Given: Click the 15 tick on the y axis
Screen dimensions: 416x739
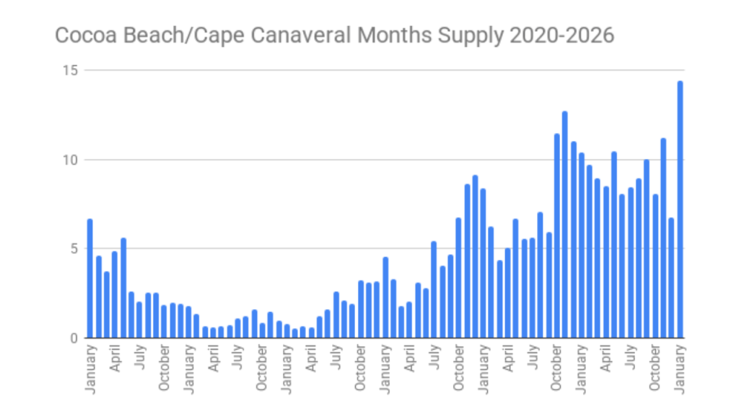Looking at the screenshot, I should tap(71, 70).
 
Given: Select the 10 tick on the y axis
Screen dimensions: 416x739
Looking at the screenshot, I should tap(71, 160).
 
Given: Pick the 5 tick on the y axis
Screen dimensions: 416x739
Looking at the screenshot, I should tap(74, 248).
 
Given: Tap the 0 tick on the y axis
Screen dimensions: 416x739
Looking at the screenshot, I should tap(74, 337).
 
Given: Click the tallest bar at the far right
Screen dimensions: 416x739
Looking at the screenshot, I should tap(680, 209).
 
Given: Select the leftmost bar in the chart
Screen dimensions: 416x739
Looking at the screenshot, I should tap(90, 278).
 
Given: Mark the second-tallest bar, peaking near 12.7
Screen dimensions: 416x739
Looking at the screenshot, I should tap(565, 225).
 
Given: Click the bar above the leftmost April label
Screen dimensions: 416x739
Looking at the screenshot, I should tap(115, 294).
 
